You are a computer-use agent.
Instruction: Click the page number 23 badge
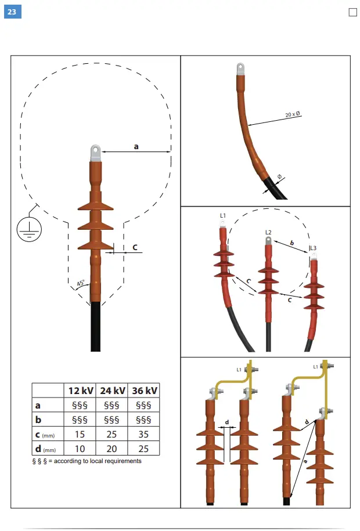[12, 11]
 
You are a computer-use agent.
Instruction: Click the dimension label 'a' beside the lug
[136, 147]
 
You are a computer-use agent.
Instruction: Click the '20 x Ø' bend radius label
[293, 115]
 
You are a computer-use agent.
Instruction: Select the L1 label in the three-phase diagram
[223, 215]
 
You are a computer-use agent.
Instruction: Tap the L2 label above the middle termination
[268, 232]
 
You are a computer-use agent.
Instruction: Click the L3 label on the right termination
[314, 248]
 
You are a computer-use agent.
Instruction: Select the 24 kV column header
[113, 391]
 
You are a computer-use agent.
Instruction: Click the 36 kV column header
[145, 391]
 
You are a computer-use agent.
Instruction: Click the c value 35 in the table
[145, 434]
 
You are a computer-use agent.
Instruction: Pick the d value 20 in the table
[113, 448]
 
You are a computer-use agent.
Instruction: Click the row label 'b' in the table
[38, 419]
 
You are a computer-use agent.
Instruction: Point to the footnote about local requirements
[87, 461]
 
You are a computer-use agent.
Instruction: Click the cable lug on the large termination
[95, 153]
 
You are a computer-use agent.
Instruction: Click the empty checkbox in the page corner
[352, 12]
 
